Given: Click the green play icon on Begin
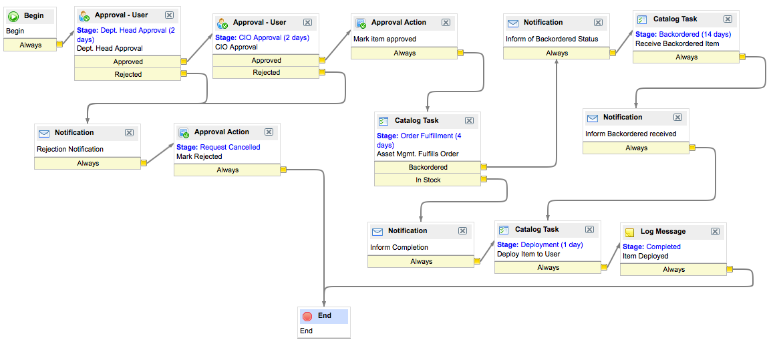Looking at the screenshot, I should (13, 15).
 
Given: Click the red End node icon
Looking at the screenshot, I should (307, 316).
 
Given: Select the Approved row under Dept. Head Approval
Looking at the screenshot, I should (128, 61).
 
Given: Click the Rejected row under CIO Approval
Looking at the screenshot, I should (266, 72).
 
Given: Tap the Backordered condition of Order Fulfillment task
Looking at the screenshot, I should (428, 167).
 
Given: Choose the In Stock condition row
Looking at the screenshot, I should (428, 180).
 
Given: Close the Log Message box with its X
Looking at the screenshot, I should (715, 231).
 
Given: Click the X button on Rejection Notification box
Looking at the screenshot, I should (130, 133).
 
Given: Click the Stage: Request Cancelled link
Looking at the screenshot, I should (218, 147).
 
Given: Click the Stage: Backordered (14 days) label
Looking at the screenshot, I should (683, 34).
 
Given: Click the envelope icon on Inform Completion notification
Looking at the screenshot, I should (377, 231).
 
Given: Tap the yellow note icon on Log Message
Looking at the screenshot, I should (629, 232).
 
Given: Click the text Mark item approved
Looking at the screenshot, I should (385, 39).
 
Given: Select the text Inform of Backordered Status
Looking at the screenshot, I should (552, 39).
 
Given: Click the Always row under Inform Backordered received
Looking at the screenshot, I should (636, 148).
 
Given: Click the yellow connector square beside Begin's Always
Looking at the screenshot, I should (59, 45).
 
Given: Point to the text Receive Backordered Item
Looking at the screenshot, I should (677, 43).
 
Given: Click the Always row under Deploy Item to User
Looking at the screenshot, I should (548, 267).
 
